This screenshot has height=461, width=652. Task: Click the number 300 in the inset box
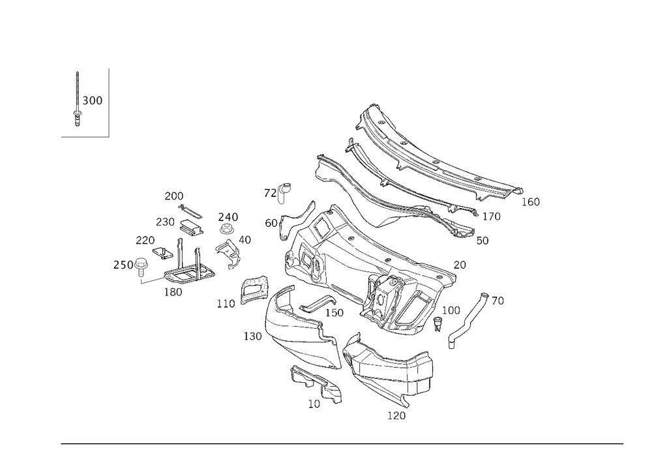93,101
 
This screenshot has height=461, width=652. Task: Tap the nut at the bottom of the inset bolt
78,119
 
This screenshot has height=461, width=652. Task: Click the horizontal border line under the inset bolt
85,136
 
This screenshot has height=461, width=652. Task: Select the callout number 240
228,216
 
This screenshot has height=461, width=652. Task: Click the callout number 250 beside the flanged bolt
122,265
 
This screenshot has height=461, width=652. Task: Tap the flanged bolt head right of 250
141,263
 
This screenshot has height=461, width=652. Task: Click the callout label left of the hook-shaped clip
268,192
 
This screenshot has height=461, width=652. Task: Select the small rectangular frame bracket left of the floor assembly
254,289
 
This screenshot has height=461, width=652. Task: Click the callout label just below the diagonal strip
451,344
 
